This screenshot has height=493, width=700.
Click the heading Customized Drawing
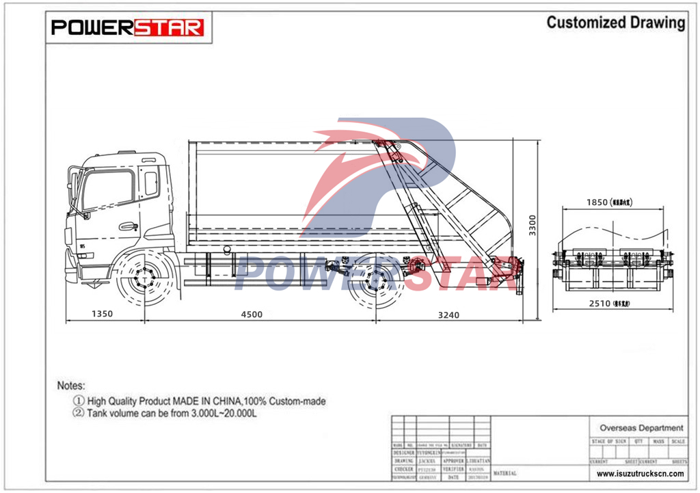click(615, 23)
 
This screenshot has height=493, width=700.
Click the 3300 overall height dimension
click(533, 226)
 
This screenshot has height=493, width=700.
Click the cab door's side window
click(107, 188)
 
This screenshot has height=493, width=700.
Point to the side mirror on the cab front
click(73, 185)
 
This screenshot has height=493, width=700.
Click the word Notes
click(71, 386)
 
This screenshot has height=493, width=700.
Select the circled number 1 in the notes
click(79, 401)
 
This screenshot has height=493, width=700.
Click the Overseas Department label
click(641, 427)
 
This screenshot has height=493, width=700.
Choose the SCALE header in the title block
click(679, 442)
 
